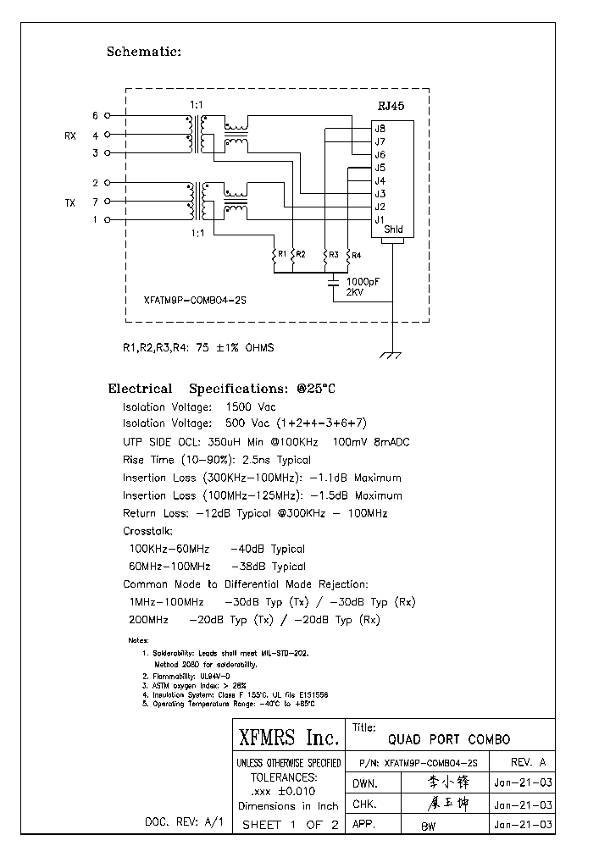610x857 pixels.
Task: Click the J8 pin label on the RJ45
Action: [380, 129]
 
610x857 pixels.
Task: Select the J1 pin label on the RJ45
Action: [380, 219]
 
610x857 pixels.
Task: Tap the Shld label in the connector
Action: [394, 229]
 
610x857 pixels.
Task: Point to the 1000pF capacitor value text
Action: [363, 280]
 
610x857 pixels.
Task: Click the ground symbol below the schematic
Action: [392, 357]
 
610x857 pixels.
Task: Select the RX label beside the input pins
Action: [69, 135]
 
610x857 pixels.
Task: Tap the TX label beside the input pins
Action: [69, 202]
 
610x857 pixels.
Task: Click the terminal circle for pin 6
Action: [107, 116]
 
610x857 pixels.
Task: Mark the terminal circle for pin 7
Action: [107, 202]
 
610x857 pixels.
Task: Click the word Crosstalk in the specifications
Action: [147, 531]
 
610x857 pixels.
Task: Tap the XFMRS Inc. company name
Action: [287, 737]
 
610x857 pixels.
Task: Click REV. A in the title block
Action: [530, 762]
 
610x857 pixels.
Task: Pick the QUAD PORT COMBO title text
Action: [449, 739]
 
